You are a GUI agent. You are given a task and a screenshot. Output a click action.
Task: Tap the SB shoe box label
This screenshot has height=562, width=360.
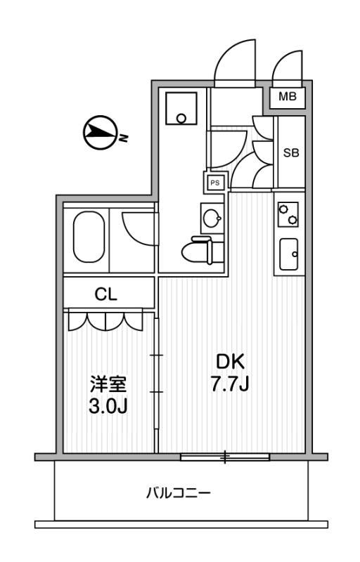[292, 152]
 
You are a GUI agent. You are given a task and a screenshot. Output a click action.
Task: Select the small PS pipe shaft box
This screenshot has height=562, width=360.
[215, 183]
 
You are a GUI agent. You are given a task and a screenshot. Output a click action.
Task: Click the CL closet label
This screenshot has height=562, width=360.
[107, 294]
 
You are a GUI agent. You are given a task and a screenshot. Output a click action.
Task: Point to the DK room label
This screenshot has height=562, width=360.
[229, 362]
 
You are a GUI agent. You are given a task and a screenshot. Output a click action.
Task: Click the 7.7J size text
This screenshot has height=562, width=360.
[229, 385]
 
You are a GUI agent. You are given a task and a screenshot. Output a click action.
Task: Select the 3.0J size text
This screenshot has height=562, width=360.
[107, 406]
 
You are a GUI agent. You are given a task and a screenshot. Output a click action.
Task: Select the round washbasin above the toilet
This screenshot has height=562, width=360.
[210, 218]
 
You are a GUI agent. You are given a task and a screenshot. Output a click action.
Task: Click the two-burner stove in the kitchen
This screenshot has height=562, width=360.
[289, 215]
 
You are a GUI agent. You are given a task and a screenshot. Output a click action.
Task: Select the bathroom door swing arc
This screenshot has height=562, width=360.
[137, 226]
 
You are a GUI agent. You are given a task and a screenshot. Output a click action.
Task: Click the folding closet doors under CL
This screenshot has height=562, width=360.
[107, 321]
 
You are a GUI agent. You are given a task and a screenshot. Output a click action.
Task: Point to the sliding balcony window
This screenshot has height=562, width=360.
[225, 457]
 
